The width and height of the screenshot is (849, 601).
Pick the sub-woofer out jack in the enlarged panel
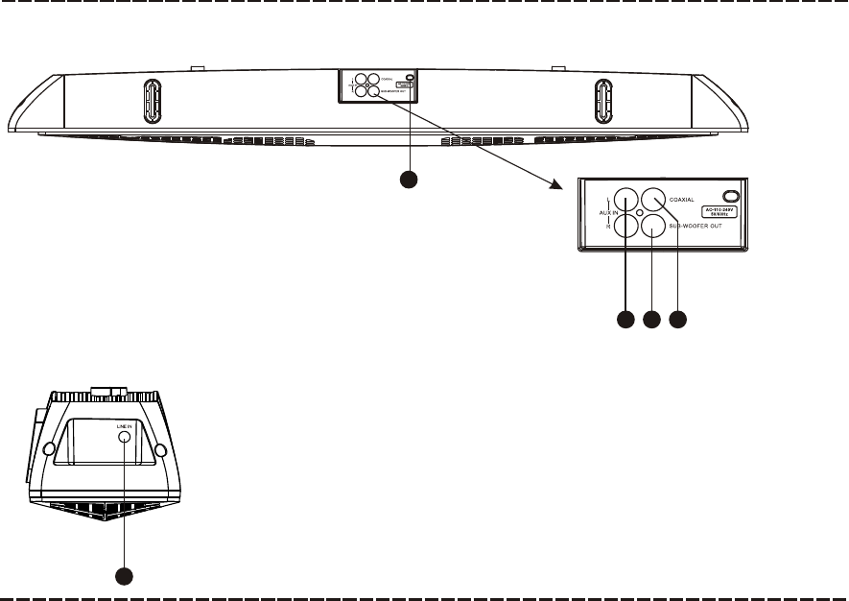coord(653,227)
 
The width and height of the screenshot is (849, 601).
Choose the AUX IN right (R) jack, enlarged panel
coord(626,227)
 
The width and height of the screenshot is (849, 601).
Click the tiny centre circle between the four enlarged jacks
coord(640,213)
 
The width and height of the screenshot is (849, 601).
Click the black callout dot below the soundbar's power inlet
coord(410,179)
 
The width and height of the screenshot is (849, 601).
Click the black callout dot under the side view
coord(125,576)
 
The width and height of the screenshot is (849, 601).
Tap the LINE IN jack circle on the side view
coord(126,436)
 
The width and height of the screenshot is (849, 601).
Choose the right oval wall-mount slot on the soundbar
coord(602,100)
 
